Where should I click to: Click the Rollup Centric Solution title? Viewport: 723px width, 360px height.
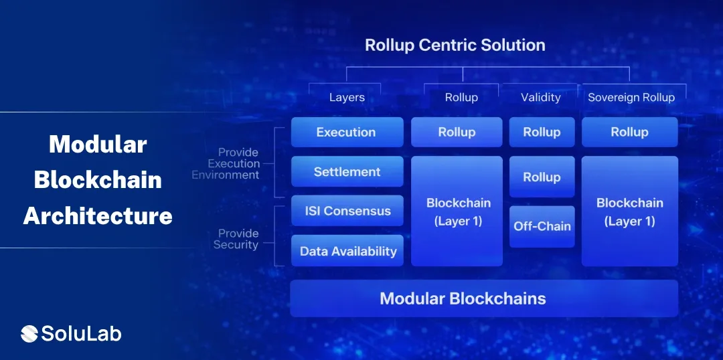[x=455, y=46]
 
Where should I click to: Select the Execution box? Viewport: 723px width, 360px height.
[x=347, y=132]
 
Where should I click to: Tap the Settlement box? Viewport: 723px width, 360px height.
[x=347, y=172]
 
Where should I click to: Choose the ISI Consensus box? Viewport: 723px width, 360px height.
[x=347, y=211]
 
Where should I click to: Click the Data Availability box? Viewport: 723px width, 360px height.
[x=347, y=251]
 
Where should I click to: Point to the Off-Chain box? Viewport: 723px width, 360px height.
[x=542, y=226]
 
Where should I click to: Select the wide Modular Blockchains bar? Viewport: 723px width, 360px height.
[x=483, y=298]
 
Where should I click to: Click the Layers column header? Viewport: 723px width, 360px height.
[x=347, y=98]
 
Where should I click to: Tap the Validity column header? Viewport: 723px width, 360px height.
[x=540, y=98]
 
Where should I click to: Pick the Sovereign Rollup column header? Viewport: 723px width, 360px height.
[x=631, y=98]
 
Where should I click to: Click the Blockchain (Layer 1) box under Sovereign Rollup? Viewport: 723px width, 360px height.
[x=629, y=211]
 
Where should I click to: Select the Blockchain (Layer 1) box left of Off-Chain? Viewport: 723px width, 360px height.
[x=458, y=211]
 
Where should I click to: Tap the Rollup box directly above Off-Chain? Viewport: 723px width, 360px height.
[x=542, y=177]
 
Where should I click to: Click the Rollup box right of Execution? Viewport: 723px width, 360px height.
[x=457, y=132]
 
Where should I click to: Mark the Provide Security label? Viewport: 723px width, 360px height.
[x=236, y=239]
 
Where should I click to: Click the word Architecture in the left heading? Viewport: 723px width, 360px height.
[x=98, y=215]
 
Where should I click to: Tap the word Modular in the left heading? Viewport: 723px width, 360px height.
[x=98, y=144]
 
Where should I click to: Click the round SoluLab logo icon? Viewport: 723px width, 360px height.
[x=29, y=333]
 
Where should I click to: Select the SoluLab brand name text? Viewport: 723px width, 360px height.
[x=81, y=333]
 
